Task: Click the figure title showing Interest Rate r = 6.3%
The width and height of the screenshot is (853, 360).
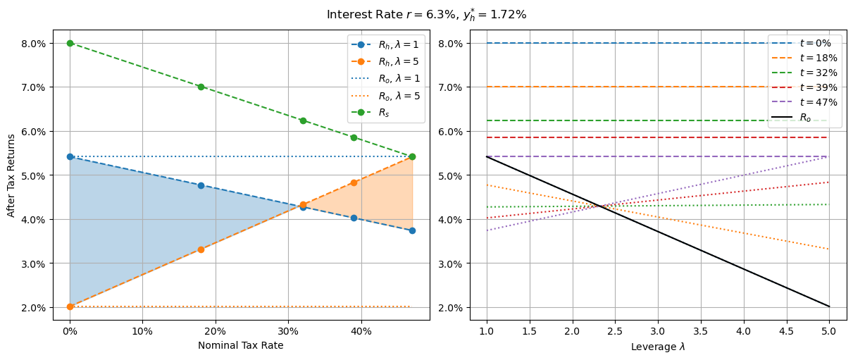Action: click(x=426, y=14)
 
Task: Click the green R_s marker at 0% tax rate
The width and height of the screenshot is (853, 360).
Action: click(x=70, y=43)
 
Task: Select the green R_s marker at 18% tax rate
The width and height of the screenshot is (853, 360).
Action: click(x=201, y=87)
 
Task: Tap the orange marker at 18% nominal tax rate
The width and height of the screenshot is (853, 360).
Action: click(x=201, y=249)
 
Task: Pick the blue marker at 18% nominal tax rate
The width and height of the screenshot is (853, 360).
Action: click(x=201, y=185)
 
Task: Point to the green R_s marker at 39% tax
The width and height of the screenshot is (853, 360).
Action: click(x=354, y=137)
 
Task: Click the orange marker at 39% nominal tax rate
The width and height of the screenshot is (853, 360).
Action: click(x=354, y=182)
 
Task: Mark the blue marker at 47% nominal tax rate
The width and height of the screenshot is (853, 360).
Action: click(x=412, y=230)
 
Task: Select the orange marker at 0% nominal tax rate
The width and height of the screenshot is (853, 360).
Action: click(x=70, y=306)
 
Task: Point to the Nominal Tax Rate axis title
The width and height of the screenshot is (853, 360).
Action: click(x=241, y=345)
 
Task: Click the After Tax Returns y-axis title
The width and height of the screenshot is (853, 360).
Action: click(x=12, y=175)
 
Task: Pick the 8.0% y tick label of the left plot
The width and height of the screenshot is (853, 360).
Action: click(x=38, y=43)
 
